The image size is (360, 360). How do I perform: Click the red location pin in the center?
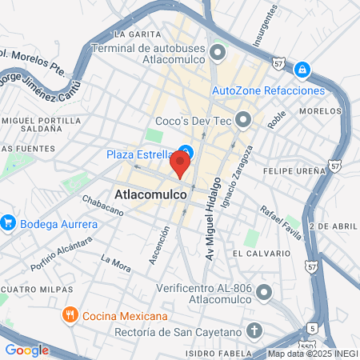point(181,164)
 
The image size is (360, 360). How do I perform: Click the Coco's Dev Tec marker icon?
point(243,121)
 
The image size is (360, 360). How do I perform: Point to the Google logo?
point(26,350)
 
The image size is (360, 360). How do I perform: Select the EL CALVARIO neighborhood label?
point(259,254)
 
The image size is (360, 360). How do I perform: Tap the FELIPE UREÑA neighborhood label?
point(300,171)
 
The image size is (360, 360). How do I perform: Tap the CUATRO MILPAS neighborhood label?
point(37,289)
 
